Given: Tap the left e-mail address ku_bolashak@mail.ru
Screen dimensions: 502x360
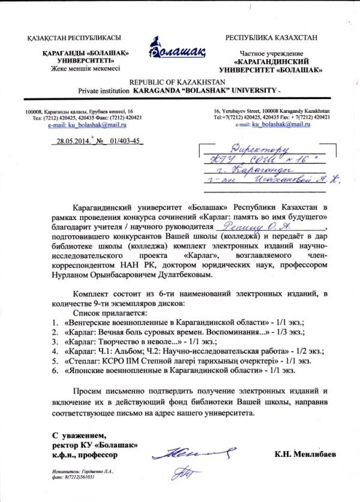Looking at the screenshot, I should tap(88, 125).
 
